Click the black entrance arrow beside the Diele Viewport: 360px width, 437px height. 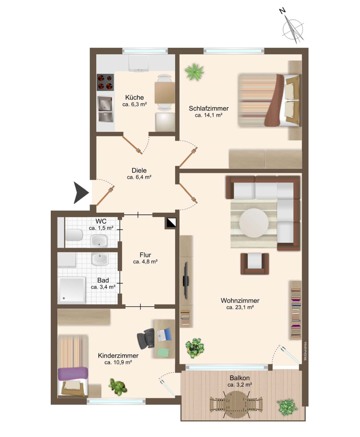(80, 193)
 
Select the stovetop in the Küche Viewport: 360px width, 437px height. (105, 82)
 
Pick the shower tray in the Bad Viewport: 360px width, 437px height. (71, 290)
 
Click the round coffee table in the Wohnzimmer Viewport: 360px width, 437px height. (254, 223)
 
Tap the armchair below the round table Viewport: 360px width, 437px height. (255, 264)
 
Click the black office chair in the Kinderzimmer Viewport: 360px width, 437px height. (146, 338)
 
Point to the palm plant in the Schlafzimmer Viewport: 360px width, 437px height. (194, 71)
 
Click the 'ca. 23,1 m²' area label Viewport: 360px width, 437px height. (240, 307)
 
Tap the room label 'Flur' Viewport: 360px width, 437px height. (146, 255)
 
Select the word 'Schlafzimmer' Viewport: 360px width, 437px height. (209, 108)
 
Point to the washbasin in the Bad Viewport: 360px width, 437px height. (100, 260)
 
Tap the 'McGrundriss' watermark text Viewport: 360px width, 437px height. (306, 351)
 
